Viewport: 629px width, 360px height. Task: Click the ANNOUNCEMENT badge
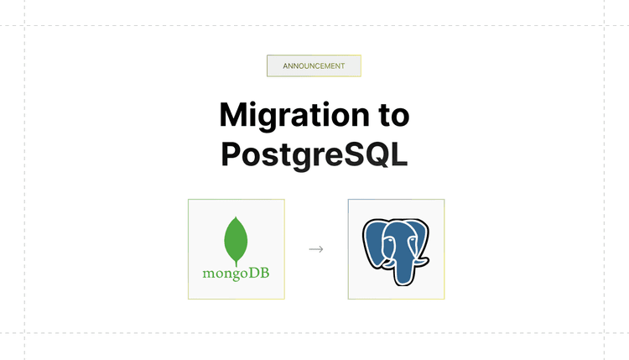coord(314,65)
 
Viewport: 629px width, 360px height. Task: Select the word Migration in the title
coord(290,114)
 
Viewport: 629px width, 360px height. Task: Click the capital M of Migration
coord(234,114)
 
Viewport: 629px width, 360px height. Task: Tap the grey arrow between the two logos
coord(316,249)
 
